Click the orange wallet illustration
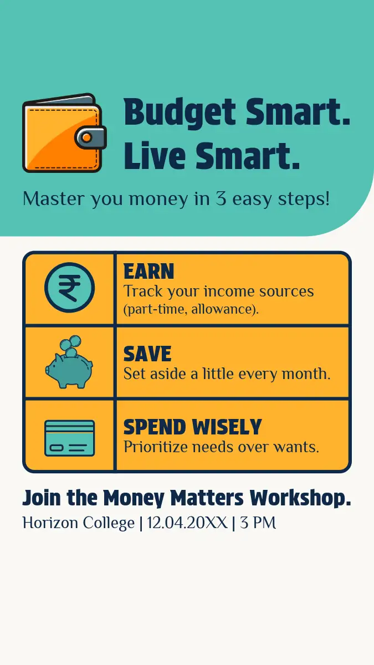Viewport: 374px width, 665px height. [x=64, y=133]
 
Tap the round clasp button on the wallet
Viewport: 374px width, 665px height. [x=86, y=137]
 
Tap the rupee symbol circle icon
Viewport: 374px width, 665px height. [x=69, y=288]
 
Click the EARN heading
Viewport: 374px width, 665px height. [x=148, y=272]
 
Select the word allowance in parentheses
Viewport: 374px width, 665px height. [x=221, y=309]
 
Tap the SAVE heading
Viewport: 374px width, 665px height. [x=147, y=354]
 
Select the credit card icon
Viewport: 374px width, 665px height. [x=69, y=438]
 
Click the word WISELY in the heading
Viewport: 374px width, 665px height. [x=227, y=427]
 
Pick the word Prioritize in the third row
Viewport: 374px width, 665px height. [x=156, y=447]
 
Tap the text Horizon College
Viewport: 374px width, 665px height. [x=79, y=523]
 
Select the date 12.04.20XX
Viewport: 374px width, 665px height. [x=187, y=523]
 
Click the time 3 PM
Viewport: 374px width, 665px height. [x=258, y=523]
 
